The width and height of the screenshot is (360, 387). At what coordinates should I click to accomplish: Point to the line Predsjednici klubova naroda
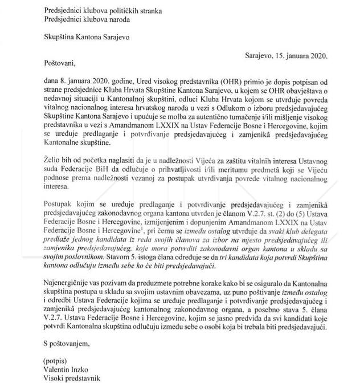point(86,19)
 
